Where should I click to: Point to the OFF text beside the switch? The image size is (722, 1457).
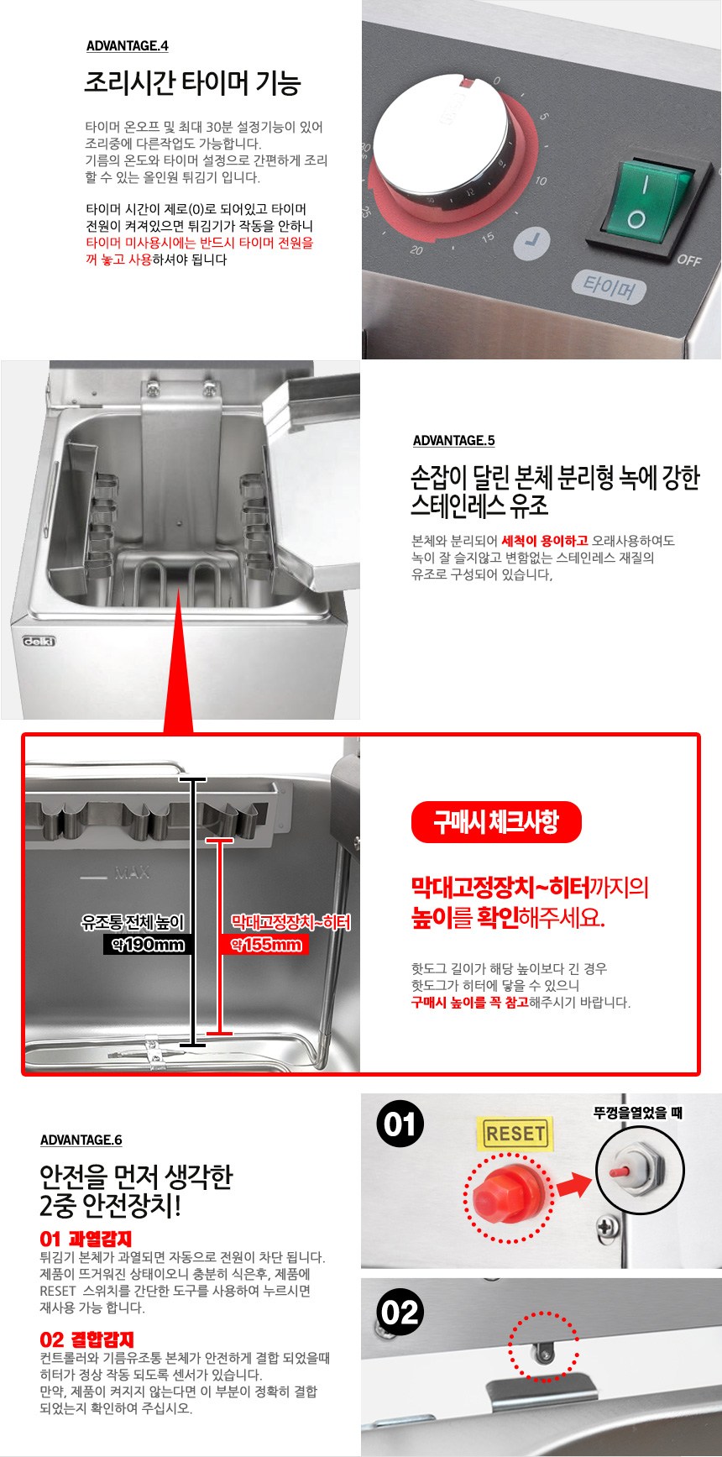[x=688, y=259]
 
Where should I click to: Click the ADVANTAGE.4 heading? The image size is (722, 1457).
[x=127, y=46]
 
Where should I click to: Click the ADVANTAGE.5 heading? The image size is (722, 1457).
[x=453, y=441]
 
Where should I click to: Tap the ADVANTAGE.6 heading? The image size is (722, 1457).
[x=81, y=1140]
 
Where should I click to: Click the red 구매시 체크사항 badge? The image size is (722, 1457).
[x=496, y=822]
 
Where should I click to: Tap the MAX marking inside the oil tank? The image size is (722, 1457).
[x=132, y=873]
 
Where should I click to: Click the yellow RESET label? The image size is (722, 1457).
[x=515, y=1134]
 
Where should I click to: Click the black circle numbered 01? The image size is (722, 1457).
[x=400, y=1124]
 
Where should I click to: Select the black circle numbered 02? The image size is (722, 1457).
[x=400, y=1313]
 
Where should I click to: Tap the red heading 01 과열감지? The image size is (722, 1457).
[x=86, y=1239]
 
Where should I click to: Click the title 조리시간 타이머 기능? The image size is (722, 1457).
[x=192, y=83]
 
